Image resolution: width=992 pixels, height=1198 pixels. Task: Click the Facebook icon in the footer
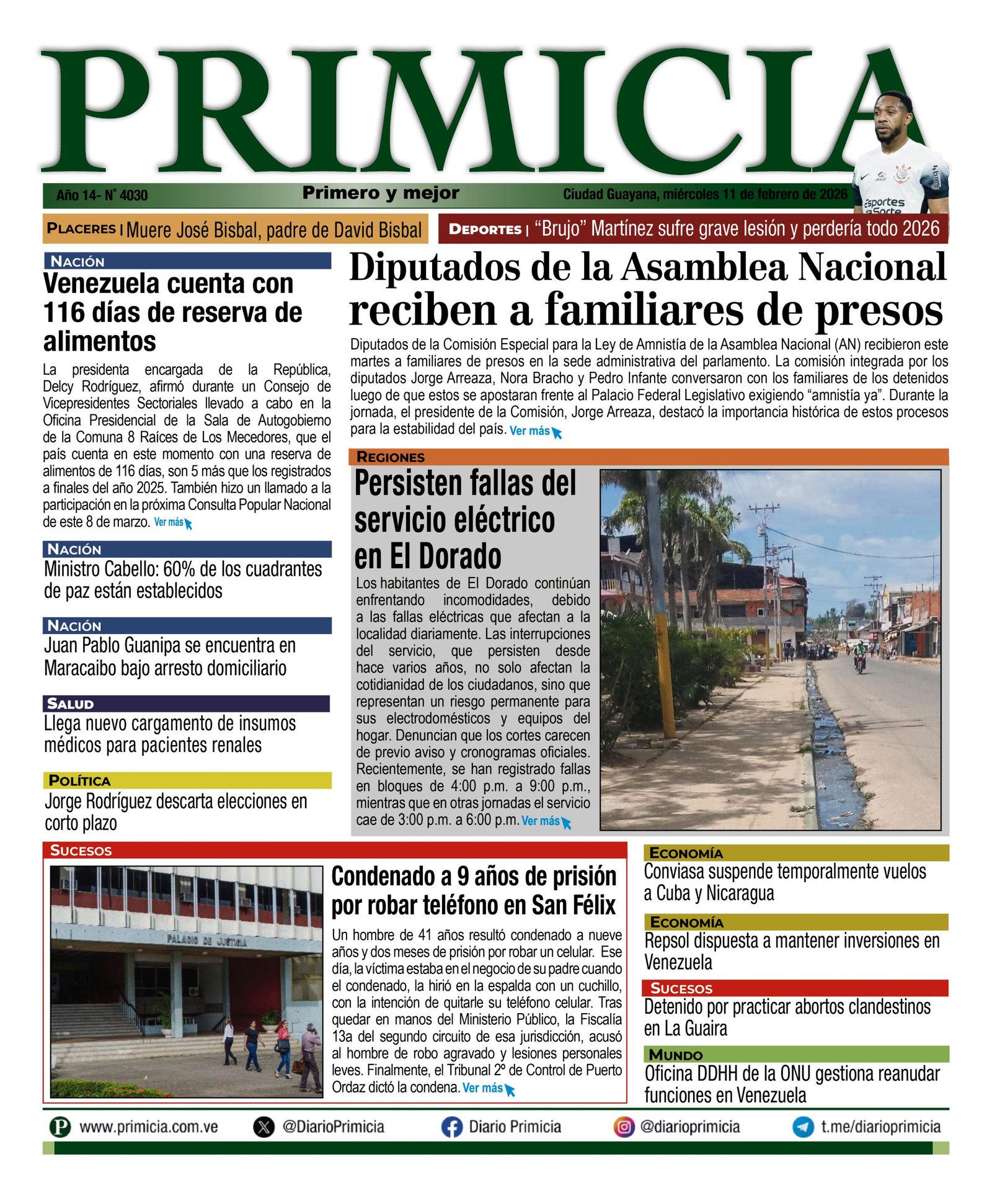coord(451,1127)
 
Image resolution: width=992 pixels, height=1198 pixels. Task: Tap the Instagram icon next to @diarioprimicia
coord(624,1127)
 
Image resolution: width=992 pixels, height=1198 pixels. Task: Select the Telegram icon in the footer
coord(803,1127)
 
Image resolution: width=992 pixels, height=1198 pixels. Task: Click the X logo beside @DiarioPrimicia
coord(264,1127)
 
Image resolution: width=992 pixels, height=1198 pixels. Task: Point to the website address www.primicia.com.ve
coord(148,1127)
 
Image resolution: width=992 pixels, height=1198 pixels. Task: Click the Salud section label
coord(71,704)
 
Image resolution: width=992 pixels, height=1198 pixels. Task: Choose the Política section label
coord(79,780)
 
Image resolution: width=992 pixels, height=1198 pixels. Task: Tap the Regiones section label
coord(391,457)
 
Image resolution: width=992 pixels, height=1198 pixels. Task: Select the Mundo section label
coord(676,1055)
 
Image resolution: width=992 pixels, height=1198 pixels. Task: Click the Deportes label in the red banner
coord(485,229)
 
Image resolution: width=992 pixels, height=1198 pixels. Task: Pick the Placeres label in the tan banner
coord(81,228)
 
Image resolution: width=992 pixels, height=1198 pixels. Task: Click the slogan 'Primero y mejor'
coord(381,193)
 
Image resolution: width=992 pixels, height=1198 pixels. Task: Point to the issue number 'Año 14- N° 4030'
coord(102,195)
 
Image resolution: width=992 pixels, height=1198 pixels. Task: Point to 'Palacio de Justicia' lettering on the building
coord(206,941)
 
